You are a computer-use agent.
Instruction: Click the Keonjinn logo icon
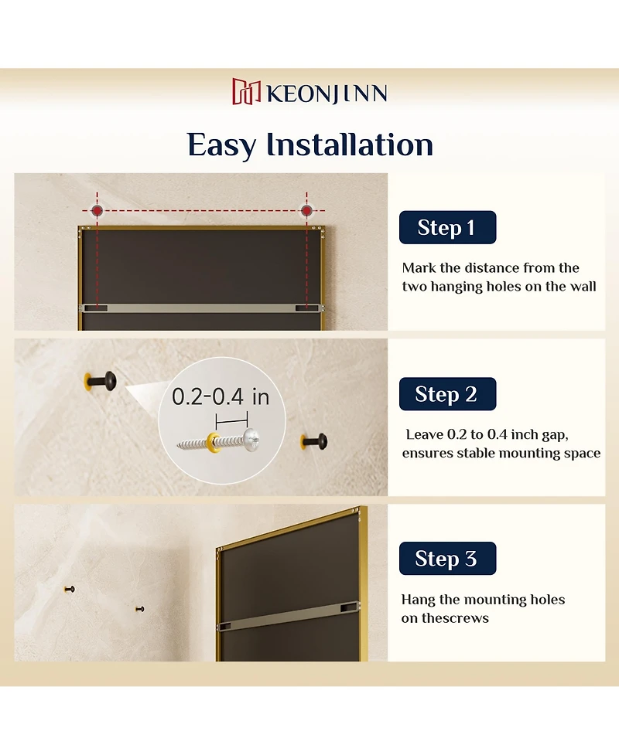(x=247, y=91)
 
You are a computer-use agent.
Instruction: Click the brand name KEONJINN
(x=327, y=94)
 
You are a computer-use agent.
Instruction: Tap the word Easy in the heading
(x=223, y=145)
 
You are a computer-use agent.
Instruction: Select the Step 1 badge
(x=447, y=228)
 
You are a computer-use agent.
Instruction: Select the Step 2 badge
(x=447, y=394)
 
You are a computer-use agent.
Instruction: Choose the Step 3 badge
(x=447, y=559)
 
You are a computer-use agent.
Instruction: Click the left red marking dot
(x=97, y=211)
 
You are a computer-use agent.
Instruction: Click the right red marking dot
(x=307, y=211)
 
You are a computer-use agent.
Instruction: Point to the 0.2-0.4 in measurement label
(x=221, y=397)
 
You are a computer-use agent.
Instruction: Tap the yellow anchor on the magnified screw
(x=211, y=443)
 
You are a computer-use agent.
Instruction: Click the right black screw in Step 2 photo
(x=314, y=442)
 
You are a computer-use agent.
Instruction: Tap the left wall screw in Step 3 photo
(x=69, y=589)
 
